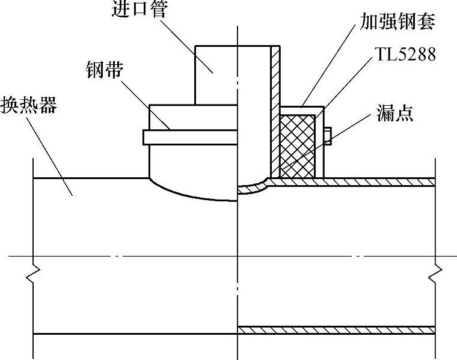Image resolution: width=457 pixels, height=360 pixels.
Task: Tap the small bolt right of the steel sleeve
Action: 328,136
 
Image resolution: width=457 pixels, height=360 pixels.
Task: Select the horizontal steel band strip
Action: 186,138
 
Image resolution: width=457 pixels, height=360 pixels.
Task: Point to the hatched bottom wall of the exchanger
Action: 337,329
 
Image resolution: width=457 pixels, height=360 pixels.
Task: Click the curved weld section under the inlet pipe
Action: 253,189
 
